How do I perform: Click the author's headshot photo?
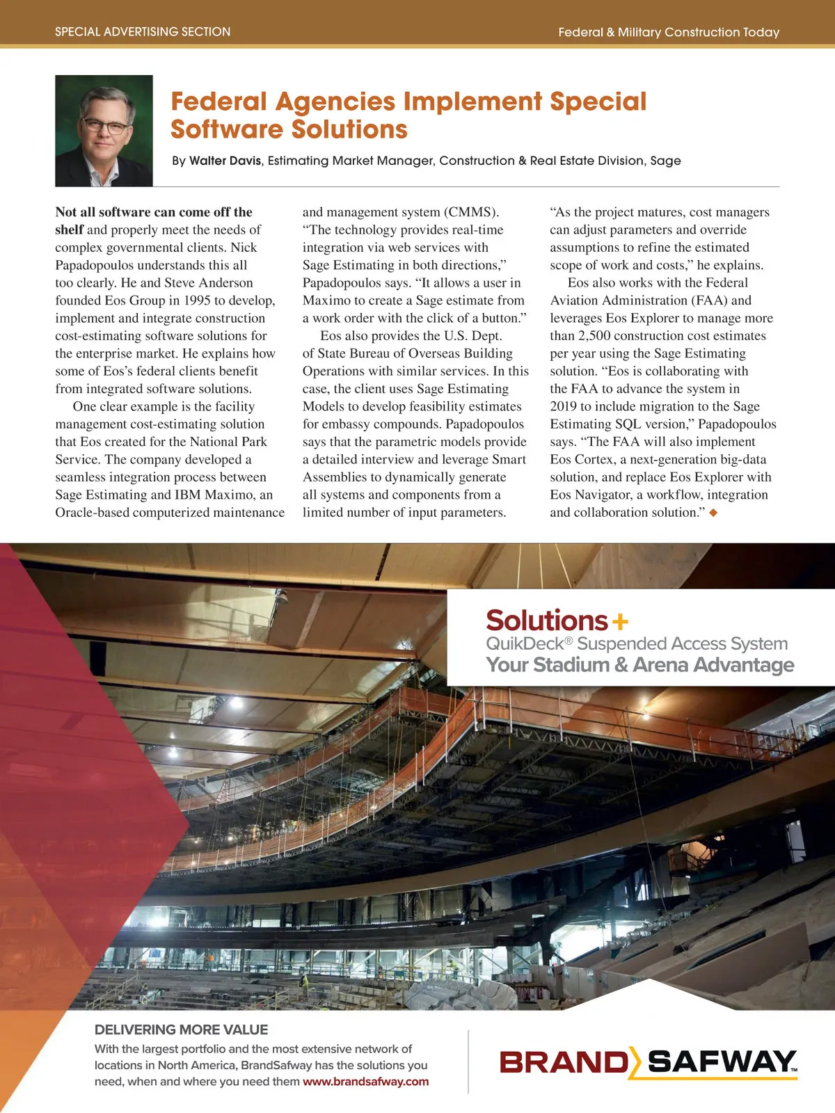click(x=104, y=131)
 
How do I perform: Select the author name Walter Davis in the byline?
click(x=225, y=161)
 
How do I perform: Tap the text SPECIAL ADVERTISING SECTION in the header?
click(x=143, y=32)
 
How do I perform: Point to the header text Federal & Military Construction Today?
click(x=668, y=32)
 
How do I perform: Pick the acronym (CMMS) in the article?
click(x=472, y=212)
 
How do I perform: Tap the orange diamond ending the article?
click(x=713, y=513)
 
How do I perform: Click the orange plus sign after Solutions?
click(x=619, y=620)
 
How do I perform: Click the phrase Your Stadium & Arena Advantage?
click(x=639, y=665)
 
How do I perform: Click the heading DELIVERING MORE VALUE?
click(x=181, y=1030)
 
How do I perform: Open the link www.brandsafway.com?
click(x=365, y=1082)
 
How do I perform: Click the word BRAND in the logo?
click(x=564, y=1062)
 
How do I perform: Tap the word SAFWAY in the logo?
click(x=720, y=1062)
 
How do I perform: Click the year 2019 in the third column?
click(x=564, y=407)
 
